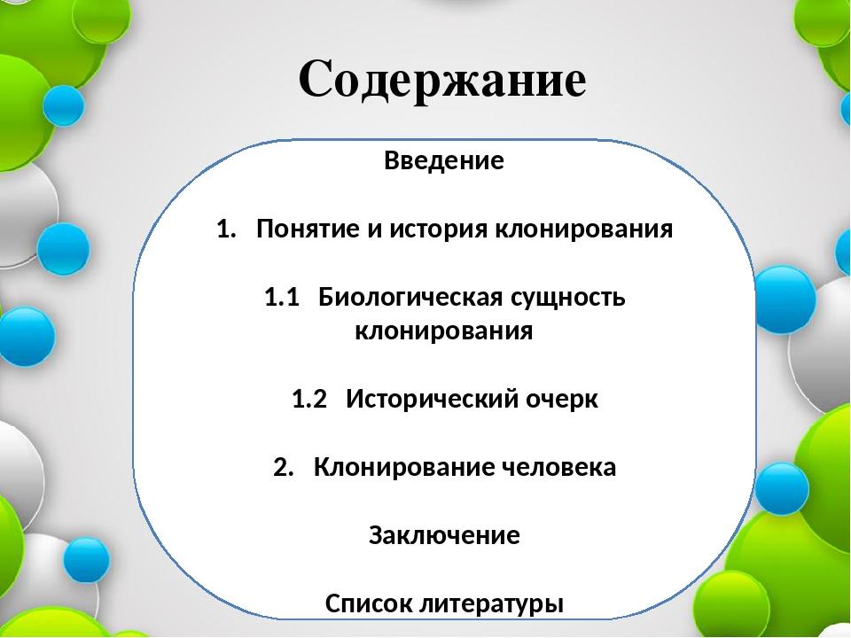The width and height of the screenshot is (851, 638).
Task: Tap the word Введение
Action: click(444, 160)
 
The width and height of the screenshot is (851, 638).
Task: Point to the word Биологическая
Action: click(410, 298)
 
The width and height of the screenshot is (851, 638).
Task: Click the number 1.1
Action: click(282, 298)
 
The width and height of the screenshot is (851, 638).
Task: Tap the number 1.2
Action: click(309, 400)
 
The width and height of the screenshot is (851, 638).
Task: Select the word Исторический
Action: click(432, 400)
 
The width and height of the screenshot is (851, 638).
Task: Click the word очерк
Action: click(562, 401)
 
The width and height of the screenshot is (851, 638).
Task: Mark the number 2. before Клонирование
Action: click(284, 468)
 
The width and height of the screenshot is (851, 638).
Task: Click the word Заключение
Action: click(444, 535)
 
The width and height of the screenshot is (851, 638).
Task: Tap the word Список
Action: click(369, 603)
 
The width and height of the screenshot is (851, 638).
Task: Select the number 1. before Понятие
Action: click(226, 229)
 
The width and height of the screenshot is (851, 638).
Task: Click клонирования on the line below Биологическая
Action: click(444, 331)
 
